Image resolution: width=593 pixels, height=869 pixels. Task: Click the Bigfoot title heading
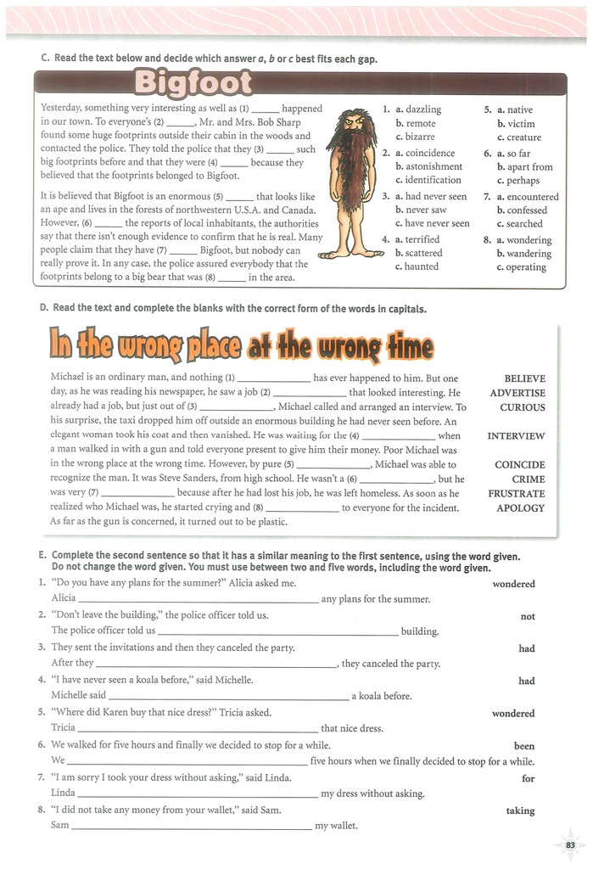point(193,84)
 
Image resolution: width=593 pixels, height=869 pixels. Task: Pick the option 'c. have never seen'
point(431,223)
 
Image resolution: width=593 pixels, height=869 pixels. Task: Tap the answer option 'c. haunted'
point(417,266)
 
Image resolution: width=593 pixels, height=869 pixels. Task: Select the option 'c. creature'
point(518,137)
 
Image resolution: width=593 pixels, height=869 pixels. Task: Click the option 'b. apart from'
point(524,167)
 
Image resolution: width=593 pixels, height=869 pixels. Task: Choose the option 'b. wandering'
point(523,253)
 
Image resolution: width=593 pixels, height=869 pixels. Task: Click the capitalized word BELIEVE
point(524,378)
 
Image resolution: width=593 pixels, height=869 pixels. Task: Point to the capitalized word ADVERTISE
point(517,393)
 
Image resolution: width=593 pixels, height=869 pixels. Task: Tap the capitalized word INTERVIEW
point(516,436)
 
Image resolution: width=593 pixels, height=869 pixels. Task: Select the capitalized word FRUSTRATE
point(516,494)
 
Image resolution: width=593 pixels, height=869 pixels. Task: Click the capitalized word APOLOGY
point(521,508)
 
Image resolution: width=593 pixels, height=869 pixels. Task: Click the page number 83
point(570,844)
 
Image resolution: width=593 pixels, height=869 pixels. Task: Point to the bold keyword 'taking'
point(520,810)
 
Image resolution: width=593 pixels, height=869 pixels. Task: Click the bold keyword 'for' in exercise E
point(528,778)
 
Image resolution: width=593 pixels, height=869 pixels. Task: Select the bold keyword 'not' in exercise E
point(527,617)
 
